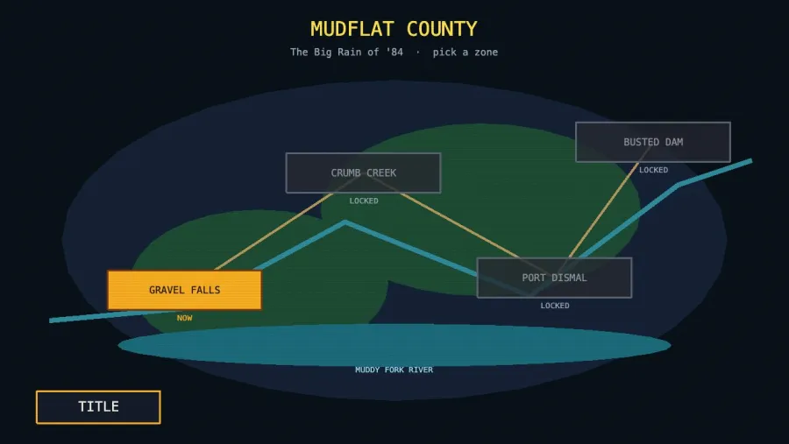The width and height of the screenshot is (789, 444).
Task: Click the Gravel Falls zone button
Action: pos(185,290)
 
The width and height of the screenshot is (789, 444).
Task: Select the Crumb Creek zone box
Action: pos(363,173)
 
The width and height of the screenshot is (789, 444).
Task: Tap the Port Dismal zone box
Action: pos(555,278)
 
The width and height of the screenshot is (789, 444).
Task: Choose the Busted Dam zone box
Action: pos(653,142)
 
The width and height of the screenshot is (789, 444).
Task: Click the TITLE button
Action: pos(98,407)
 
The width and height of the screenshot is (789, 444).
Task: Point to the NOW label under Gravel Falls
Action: pos(185,318)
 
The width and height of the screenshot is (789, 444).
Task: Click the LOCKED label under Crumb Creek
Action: pos(364,201)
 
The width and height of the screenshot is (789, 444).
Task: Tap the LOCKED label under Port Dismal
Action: pos(555,306)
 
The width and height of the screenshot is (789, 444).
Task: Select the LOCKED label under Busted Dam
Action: pos(654,170)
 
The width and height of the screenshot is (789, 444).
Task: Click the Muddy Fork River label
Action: pos(394,370)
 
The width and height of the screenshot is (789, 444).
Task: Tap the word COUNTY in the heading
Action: pos(442,29)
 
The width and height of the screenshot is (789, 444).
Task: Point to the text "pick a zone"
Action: pos(466,53)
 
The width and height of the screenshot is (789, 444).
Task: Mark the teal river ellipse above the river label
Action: pos(394,345)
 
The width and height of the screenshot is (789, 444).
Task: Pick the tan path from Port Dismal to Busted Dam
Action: pos(603,210)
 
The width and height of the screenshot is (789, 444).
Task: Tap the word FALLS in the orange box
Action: pos(205,290)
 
